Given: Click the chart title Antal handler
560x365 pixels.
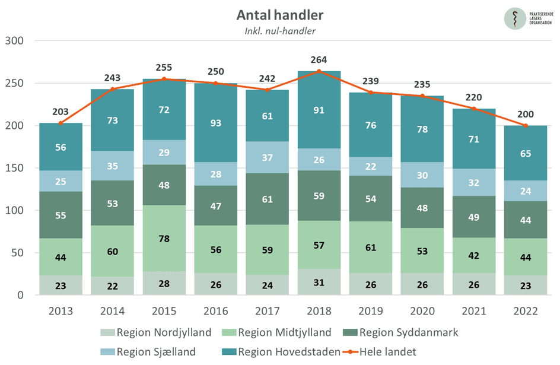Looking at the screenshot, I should point(280,14).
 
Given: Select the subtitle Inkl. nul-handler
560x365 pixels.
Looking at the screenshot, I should point(280,31).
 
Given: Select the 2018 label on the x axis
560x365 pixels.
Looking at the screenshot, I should point(319,311).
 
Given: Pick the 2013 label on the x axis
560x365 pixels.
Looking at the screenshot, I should point(61,311).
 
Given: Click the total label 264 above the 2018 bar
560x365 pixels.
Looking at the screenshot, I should point(319,60).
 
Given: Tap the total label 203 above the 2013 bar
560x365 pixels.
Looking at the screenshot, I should point(61,112).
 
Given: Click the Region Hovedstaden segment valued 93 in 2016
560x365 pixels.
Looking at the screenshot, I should point(216,122).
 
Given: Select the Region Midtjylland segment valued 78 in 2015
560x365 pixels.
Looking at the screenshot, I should point(164,239).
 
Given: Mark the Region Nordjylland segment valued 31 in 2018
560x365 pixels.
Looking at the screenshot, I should point(319,282).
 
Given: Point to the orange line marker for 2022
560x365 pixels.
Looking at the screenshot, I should point(526,125).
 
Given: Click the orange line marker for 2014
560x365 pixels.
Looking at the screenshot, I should point(113,89).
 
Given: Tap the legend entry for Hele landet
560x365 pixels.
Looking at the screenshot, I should point(386,351).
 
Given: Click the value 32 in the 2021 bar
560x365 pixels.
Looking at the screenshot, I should point(474,183).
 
